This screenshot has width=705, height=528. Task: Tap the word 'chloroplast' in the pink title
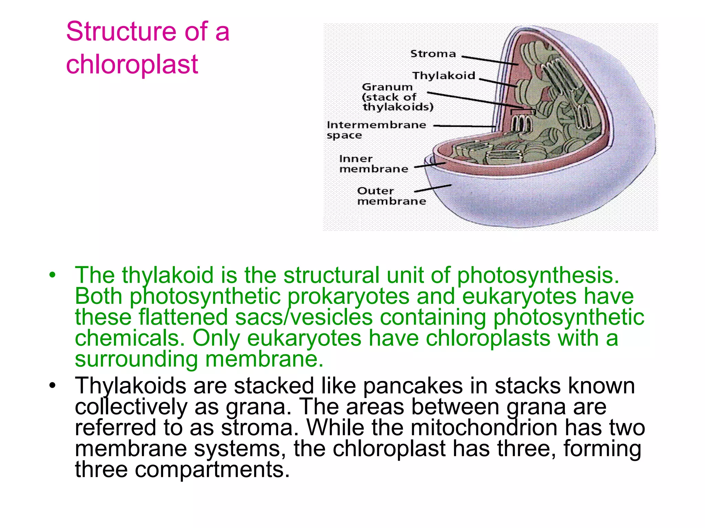click(132, 64)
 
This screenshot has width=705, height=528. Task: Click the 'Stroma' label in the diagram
click(433, 54)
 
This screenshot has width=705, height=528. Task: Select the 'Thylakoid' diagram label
click(444, 76)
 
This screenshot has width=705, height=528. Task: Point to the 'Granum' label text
click(387, 87)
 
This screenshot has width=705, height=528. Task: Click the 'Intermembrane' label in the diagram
click(376, 125)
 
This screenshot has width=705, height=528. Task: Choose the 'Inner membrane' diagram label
click(373, 164)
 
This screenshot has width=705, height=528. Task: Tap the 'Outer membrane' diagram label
click(391, 196)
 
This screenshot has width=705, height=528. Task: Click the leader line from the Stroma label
click(489, 60)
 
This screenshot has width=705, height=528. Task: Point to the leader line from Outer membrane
click(432, 188)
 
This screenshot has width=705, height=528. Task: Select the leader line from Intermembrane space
click(465, 126)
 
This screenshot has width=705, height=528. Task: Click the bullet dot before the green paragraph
click(52, 275)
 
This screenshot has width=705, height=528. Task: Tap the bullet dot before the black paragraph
click(52, 385)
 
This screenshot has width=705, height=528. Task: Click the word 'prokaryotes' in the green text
click(348, 297)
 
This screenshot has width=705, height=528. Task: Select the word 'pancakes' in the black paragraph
click(413, 386)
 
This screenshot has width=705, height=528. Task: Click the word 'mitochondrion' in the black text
click(484, 428)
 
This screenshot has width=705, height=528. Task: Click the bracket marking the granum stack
click(523, 111)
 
